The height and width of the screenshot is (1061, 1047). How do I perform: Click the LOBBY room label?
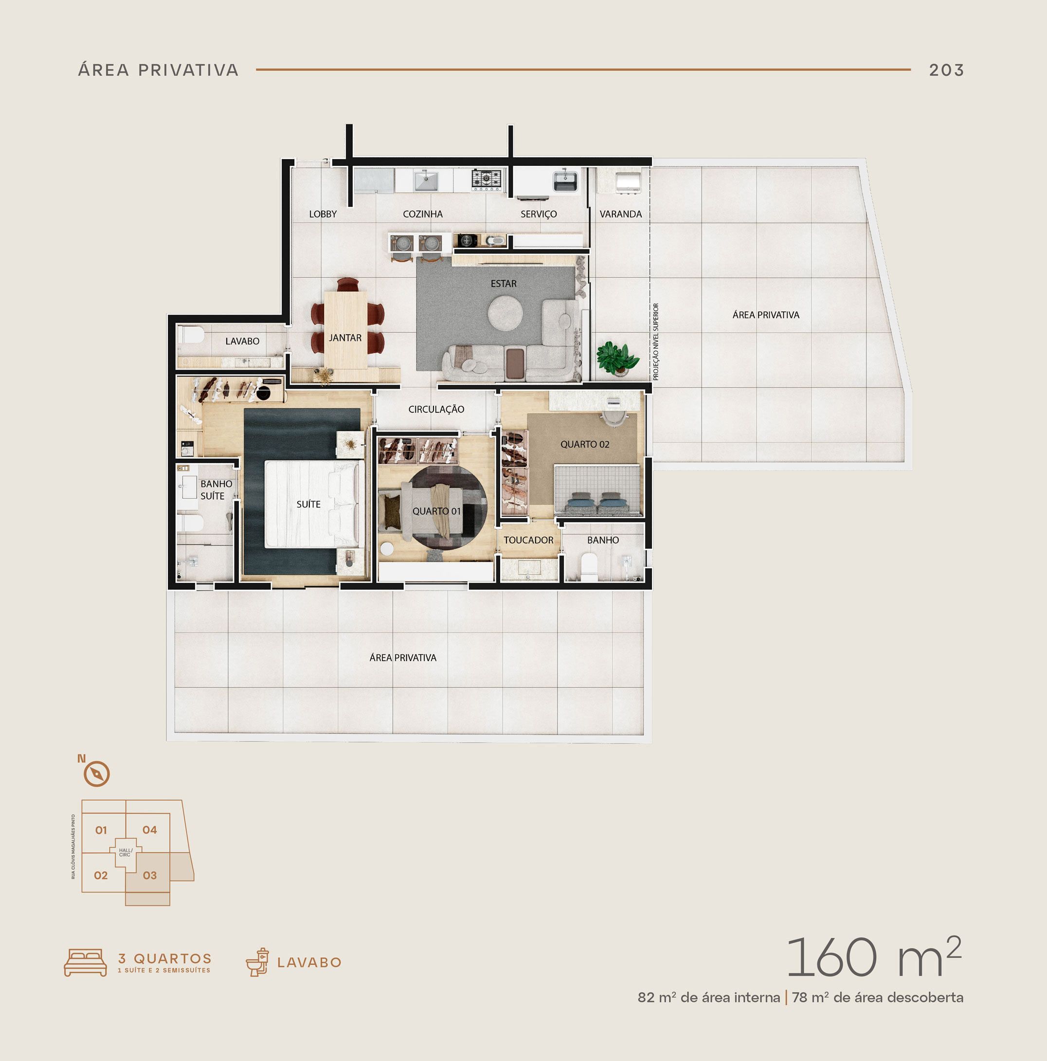coord(323,214)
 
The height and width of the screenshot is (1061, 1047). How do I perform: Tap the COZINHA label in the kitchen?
coord(422,214)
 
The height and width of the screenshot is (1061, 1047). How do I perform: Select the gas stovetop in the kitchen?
coord(487,180)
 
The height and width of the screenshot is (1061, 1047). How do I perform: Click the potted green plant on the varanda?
coord(617,358)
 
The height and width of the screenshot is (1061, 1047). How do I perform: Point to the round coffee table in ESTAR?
coord(505,313)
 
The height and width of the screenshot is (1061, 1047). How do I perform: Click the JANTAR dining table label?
coord(345,338)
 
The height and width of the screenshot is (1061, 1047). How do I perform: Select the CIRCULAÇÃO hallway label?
coord(436,409)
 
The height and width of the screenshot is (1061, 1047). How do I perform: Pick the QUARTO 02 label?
coord(584,444)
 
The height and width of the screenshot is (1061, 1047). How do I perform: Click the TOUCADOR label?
coord(528,540)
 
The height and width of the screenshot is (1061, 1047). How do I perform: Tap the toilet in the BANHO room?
coord(589,567)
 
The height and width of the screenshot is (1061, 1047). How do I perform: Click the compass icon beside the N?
coord(97,774)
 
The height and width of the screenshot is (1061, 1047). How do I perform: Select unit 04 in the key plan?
coord(149,830)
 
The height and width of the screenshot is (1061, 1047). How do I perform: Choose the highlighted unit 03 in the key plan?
coord(149,875)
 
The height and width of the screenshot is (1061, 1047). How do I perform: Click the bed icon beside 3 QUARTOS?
coord(85,962)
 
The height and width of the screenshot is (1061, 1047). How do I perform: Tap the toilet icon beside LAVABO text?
coord(257,962)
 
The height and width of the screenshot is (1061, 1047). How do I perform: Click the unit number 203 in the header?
coord(946,70)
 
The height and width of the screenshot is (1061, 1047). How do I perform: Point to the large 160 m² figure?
coord(874,957)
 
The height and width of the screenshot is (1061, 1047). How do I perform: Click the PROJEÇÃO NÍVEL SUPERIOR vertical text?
coord(655,342)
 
